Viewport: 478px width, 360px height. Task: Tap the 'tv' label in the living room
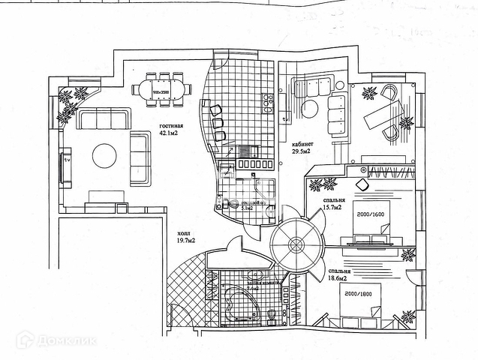click(66, 160)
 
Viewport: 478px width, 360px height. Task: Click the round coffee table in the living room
click(104, 156)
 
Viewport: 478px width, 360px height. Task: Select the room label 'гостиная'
click(171, 125)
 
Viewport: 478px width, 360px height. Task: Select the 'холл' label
click(183, 232)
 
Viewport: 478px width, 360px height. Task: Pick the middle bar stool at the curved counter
click(218, 122)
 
